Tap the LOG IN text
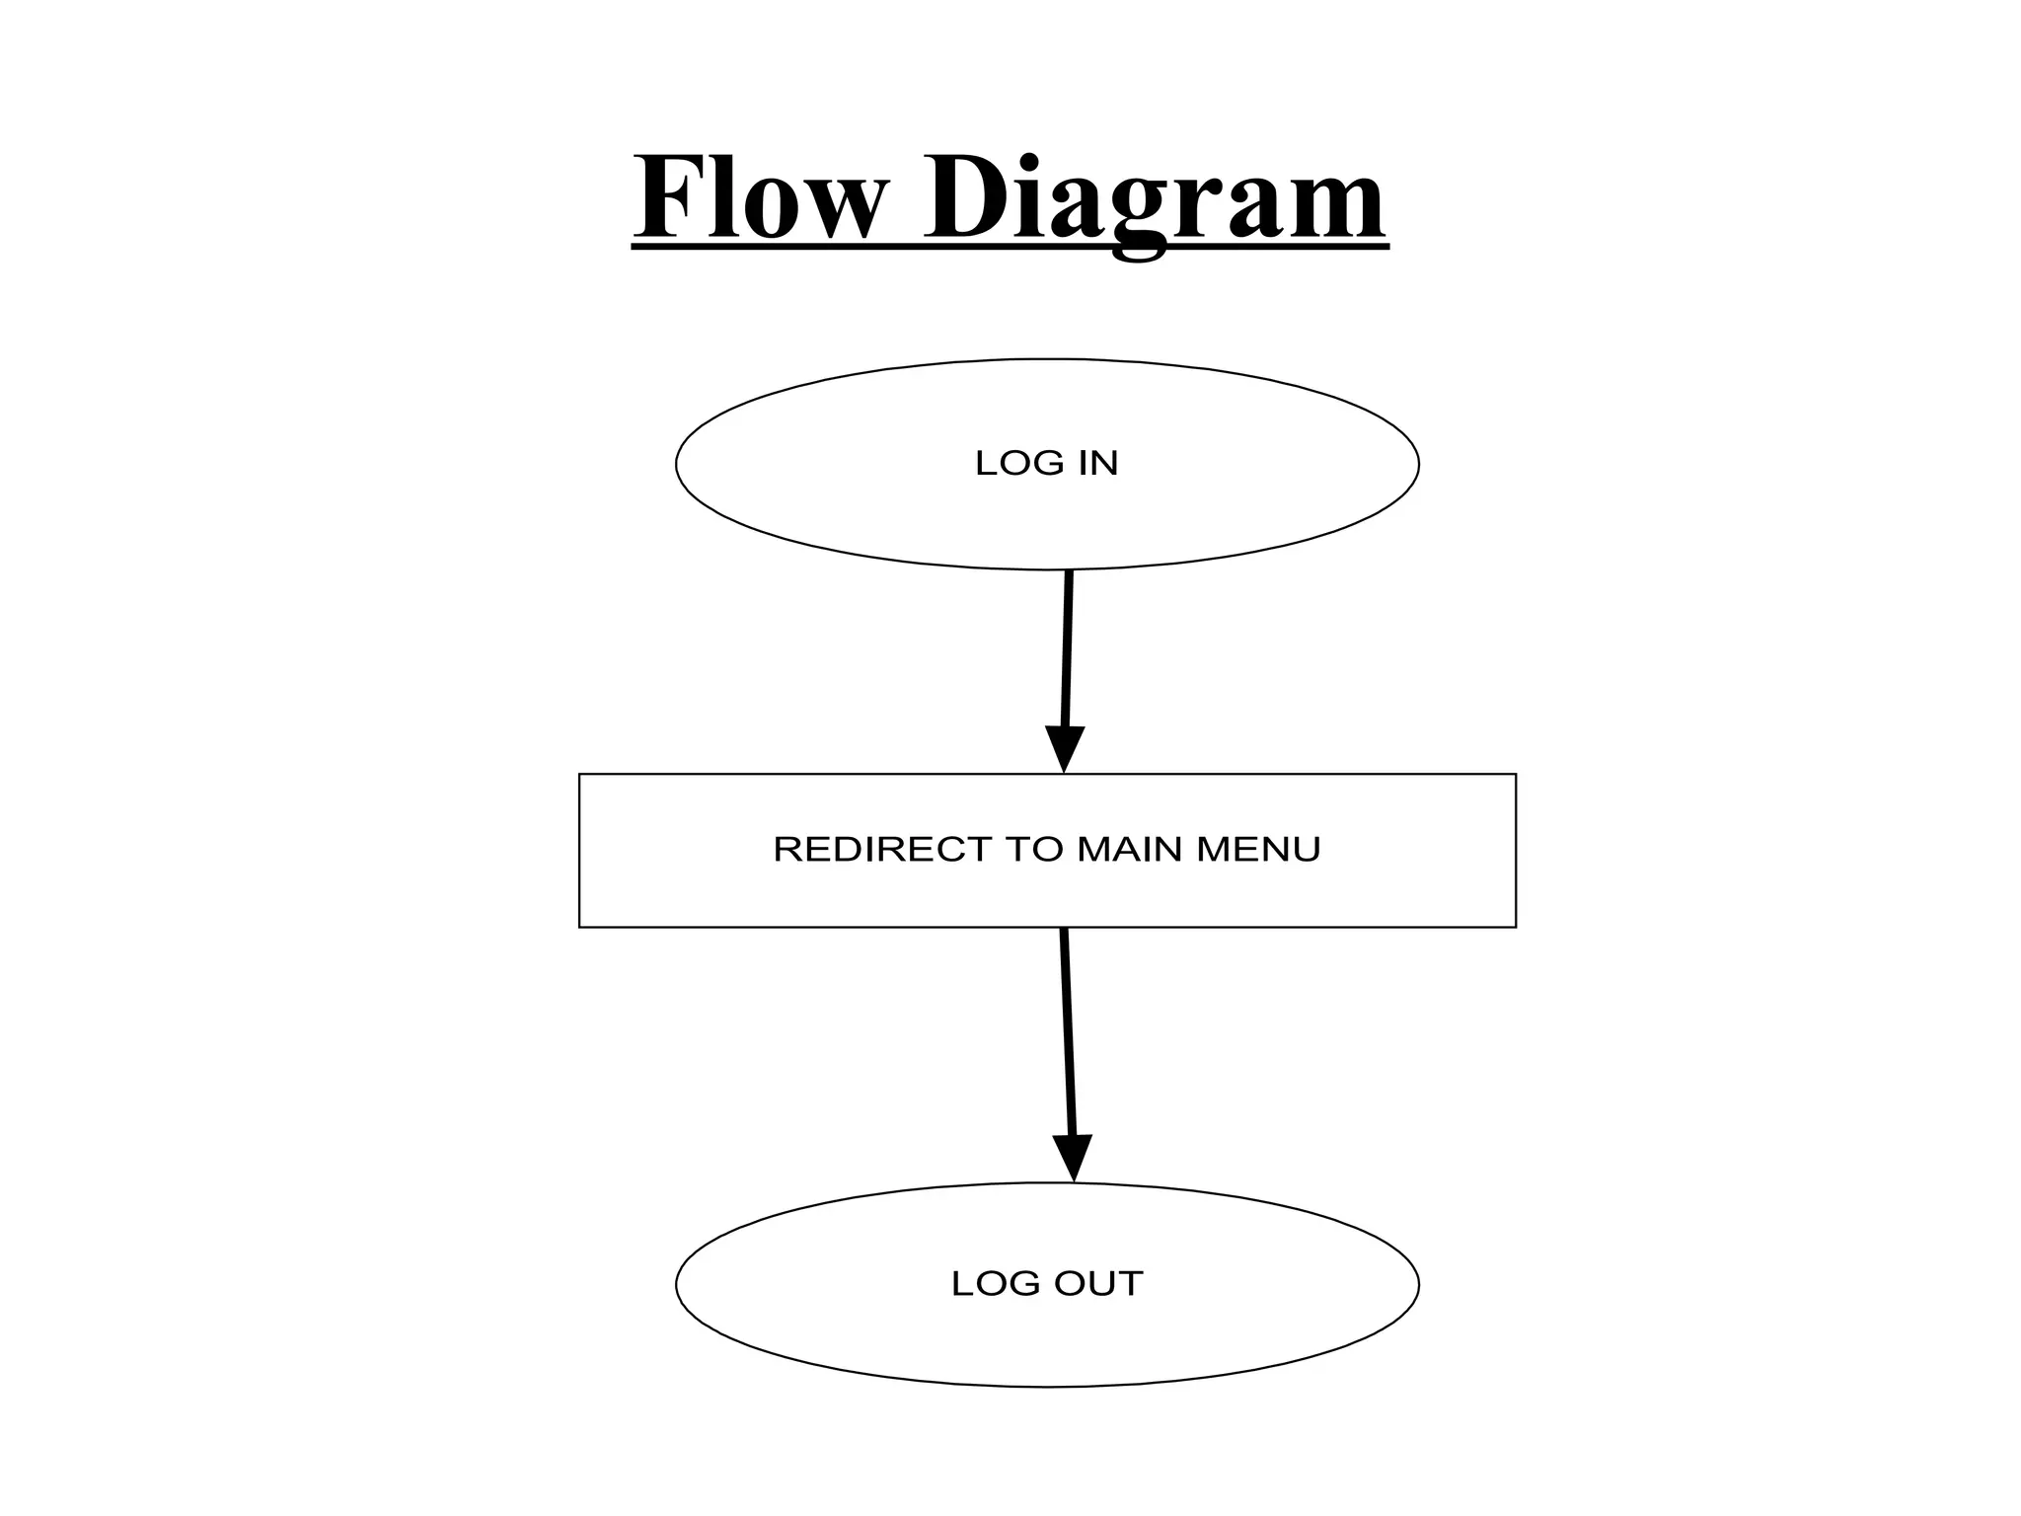(x=1046, y=463)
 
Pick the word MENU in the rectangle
(x=1258, y=849)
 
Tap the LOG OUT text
(x=1046, y=1283)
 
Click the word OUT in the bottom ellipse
(x=1098, y=1283)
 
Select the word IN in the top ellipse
(x=1098, y=463)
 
